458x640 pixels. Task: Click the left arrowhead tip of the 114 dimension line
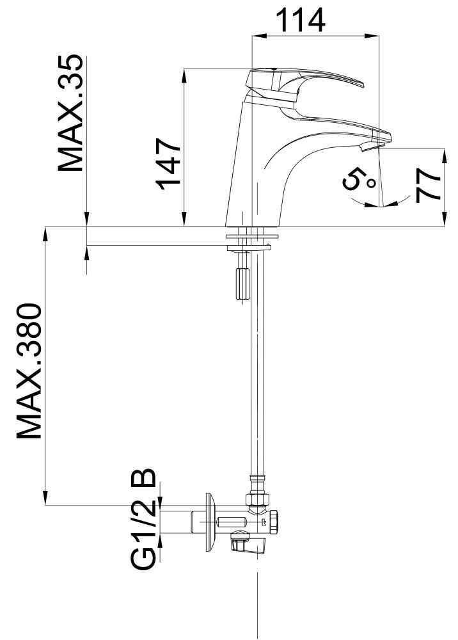pyautogui.click(x=253, y=36)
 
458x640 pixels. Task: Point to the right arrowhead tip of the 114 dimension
pyautogui.click(x=379, y=36)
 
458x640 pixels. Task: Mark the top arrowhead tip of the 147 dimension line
pyautogui.click(x=184, y=68)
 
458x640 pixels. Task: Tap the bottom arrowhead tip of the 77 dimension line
pyautogui.click(x=444, y=226)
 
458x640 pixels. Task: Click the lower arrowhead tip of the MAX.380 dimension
pyautogui.click(x=45, y=506)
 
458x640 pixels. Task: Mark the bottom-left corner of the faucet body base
pyautogui.click(x=226, y=226)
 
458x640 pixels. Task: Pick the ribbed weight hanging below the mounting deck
pyautogui.click(x=241, y=284)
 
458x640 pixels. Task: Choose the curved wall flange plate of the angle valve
pyautogui.click(x=211, y=523)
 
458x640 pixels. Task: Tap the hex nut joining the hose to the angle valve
pyautogui.click(x=257, y=499)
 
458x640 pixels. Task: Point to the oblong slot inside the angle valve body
pyautogui.click(x=232, y=522)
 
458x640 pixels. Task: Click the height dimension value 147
pyautogui.click(x=168, y=164)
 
